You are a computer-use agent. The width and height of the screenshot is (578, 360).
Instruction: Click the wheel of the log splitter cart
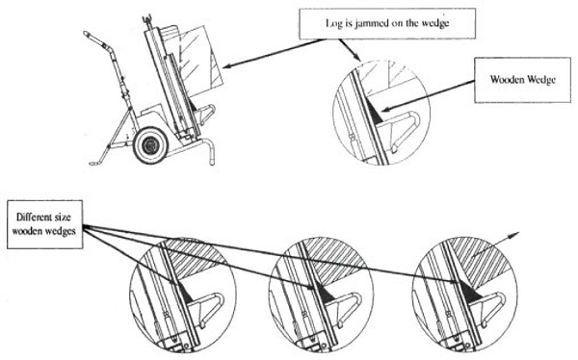click(151, 145)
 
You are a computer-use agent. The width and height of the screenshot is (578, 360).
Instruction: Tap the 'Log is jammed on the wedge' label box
click(387, 23)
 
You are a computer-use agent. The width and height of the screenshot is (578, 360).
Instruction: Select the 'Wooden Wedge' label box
click(522, 80)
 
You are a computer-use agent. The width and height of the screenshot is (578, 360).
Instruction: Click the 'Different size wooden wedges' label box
click(44, 224)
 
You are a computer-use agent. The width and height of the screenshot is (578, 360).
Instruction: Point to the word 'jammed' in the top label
click(370, 23)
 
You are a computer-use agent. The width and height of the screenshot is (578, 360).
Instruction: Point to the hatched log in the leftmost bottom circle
click(192, 259)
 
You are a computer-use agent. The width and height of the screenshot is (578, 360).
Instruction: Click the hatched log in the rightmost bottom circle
click(480, 260)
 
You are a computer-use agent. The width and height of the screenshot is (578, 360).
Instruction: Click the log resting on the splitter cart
click(199, 61)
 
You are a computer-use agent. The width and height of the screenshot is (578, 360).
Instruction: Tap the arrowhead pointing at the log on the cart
click(227, 66)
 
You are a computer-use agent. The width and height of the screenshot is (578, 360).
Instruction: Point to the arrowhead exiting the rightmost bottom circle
click(515, 234)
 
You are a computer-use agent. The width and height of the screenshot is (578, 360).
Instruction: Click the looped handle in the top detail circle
click(402, 129)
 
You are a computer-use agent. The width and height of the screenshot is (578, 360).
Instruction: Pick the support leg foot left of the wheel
click(95, 163)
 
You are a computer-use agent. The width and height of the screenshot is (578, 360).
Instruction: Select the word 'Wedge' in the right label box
click(540, 80)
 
